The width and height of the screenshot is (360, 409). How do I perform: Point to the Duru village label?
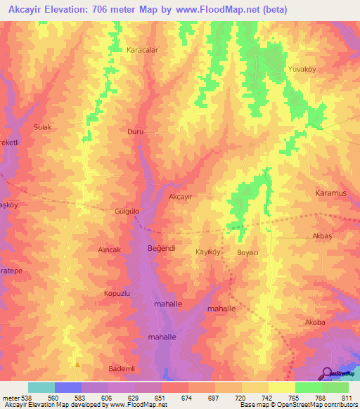coord(134,131)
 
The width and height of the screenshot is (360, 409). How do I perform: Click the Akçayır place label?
coord(181,197)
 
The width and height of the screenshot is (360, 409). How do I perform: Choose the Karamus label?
coord(328,191)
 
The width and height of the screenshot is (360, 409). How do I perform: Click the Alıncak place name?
coord(109,249)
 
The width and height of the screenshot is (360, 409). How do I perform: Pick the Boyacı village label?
coord(249,252)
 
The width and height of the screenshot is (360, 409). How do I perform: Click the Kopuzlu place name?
coord(117,293)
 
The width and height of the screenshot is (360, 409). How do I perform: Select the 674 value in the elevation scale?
coord(175,397)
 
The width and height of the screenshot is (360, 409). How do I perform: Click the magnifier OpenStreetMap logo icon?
coord(326,373)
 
